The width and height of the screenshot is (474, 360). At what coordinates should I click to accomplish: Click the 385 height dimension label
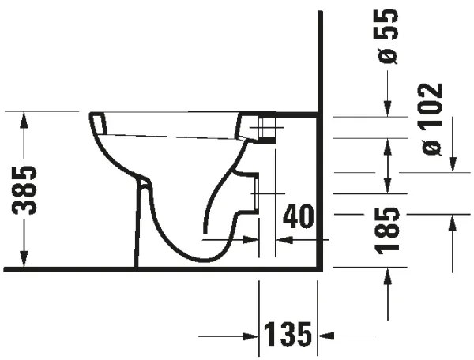pyautogui.click(x=28, y=190)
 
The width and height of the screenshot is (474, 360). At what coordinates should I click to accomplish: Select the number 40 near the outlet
pyautogui.click(x=299, y=216)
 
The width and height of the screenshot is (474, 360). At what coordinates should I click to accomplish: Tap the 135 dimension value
pyautogui.click(x=288, y=335)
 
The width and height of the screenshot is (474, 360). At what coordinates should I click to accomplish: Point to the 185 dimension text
pyautogui.click(x=387, y=229)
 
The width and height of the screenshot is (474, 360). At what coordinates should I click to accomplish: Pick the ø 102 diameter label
pyautogui.click(x=433, y=118)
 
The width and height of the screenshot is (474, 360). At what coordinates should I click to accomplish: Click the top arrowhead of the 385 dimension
pyautogui.click(x=24, y=118)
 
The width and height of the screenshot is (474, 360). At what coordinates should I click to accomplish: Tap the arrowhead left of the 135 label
pyautogui.click(x=253, y=336)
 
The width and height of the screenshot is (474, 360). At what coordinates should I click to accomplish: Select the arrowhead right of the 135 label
pyautogui.click(x=324, y=336)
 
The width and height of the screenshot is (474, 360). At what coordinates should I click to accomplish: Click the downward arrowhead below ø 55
pyautogui.click(x=387, y=110)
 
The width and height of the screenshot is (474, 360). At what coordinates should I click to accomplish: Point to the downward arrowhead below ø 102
pyautogui.click(x=453, y=165)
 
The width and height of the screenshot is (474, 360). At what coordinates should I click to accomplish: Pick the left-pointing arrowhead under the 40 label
pyautogui.click(x=281, y=238)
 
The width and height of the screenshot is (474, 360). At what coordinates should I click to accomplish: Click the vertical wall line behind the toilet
pyautogui.click(x=319, y=142)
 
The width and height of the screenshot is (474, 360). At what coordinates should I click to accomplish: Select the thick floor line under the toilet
pyautogui.click(x=158, y=269)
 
